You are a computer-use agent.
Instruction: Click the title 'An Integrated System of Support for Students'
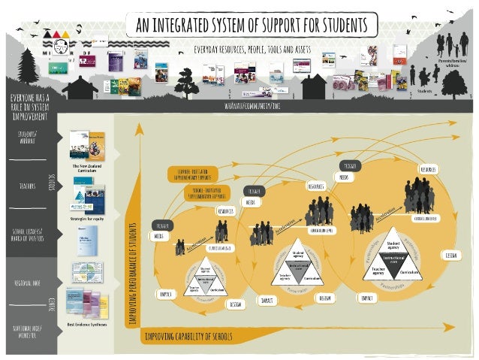pos(251,25)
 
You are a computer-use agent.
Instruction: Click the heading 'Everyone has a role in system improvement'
pos(29,107)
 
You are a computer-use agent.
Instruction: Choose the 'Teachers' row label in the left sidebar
pos(29,184)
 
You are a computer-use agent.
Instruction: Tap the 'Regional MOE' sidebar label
pos(29,283)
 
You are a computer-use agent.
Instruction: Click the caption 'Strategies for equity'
pos(87,219)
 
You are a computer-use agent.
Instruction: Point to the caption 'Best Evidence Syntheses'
pos(87,324)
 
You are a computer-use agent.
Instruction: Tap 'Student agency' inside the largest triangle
pos(391,244)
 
